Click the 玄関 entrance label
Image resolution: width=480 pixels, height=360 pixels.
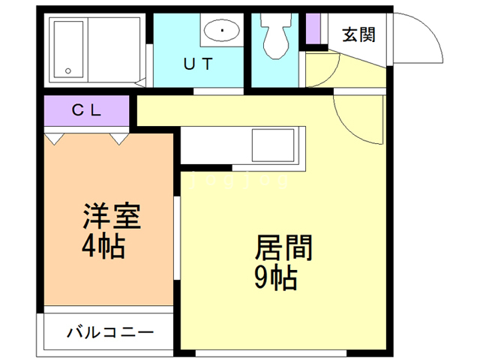[x=358, y=34]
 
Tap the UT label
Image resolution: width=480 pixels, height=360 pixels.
[x=198, y=64]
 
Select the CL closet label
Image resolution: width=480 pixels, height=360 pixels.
[x=86, y=109]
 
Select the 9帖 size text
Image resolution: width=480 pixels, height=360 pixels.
[x=275, y=278]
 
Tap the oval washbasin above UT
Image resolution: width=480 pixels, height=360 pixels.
[x=222, y=31]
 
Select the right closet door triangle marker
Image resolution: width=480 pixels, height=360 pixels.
[x=118, y=139]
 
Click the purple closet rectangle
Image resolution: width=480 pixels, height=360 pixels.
[x=86, y=110]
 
